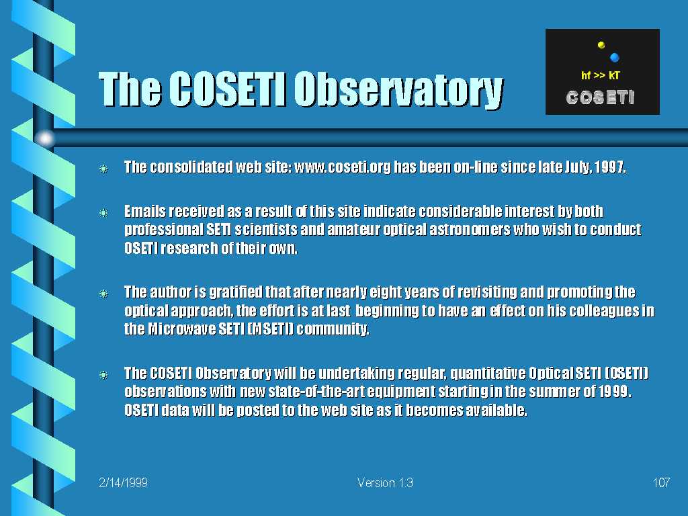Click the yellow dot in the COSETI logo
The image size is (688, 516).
point(601,45)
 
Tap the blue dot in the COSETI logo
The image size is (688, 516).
point(614,57)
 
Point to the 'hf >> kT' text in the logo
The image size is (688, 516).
point(600,75)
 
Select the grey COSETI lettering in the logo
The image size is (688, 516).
point(600,97)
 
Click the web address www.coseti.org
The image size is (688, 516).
point(342,167)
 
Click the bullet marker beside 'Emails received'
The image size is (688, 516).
point(104,213)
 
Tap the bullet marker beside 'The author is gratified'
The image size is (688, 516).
point(104,293)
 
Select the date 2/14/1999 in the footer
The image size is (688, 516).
point(123,482)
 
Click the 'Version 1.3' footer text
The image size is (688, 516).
point(385,482)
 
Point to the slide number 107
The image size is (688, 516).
point(661,482)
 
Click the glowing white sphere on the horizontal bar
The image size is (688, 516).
point(45,138)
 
